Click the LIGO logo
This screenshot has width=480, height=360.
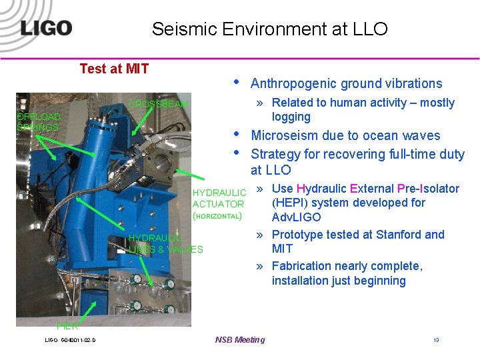[x=45, y=28]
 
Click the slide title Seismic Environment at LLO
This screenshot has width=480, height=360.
[x=269, y=29]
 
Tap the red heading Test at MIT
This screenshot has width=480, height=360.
[x=114, y=69]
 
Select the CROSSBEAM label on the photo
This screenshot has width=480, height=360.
[x=159, y=104]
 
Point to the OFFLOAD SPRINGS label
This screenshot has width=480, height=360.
[x=38, y=122]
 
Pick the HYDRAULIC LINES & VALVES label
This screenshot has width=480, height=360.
[x=165, y=243]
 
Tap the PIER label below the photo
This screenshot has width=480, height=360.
[x=67, y=326]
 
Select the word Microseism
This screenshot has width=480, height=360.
[x=282, y=135]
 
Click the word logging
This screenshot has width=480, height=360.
[x=291, y=117]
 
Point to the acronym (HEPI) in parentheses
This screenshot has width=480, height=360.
[x=291, y=203]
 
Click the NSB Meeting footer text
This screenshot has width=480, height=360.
[x=240, y=340]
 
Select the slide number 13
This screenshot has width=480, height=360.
[x=436, y=340]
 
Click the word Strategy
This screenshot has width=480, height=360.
[x=275, y=154]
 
